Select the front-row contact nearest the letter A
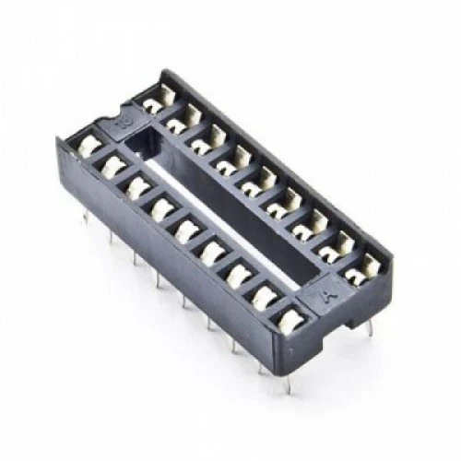289,318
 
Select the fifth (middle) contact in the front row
188,227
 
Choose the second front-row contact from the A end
265,294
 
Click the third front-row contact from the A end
239,271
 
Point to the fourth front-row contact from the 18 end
163,207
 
